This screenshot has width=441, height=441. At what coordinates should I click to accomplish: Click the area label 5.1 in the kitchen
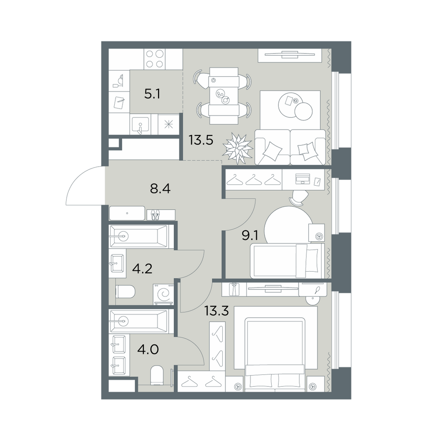tap(152, 94)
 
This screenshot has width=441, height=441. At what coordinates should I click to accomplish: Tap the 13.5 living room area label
tap(201, 140)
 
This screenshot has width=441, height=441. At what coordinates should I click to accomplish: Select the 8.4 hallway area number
tap(161, 189)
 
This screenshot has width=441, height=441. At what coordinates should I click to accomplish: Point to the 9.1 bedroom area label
tap(250, 235)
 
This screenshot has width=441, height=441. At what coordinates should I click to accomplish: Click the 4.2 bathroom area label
tap(142, 269)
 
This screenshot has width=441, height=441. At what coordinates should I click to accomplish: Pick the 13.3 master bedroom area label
tap(216, 311)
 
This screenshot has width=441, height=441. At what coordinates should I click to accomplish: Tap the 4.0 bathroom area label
tap(148, 350)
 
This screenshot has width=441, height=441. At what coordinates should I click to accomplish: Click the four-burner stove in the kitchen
tap(154, 59)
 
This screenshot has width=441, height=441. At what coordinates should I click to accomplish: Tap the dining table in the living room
tap(224, 96)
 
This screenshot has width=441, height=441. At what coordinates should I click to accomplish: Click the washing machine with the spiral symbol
tap(164, 294)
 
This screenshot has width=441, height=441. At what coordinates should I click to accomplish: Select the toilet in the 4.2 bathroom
tap(125, 292)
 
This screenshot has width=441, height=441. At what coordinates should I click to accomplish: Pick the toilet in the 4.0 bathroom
tap(157, 375)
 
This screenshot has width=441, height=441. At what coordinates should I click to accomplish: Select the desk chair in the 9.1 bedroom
tap(299, 197)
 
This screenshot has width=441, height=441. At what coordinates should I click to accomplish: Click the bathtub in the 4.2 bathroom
tap(138, 236)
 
